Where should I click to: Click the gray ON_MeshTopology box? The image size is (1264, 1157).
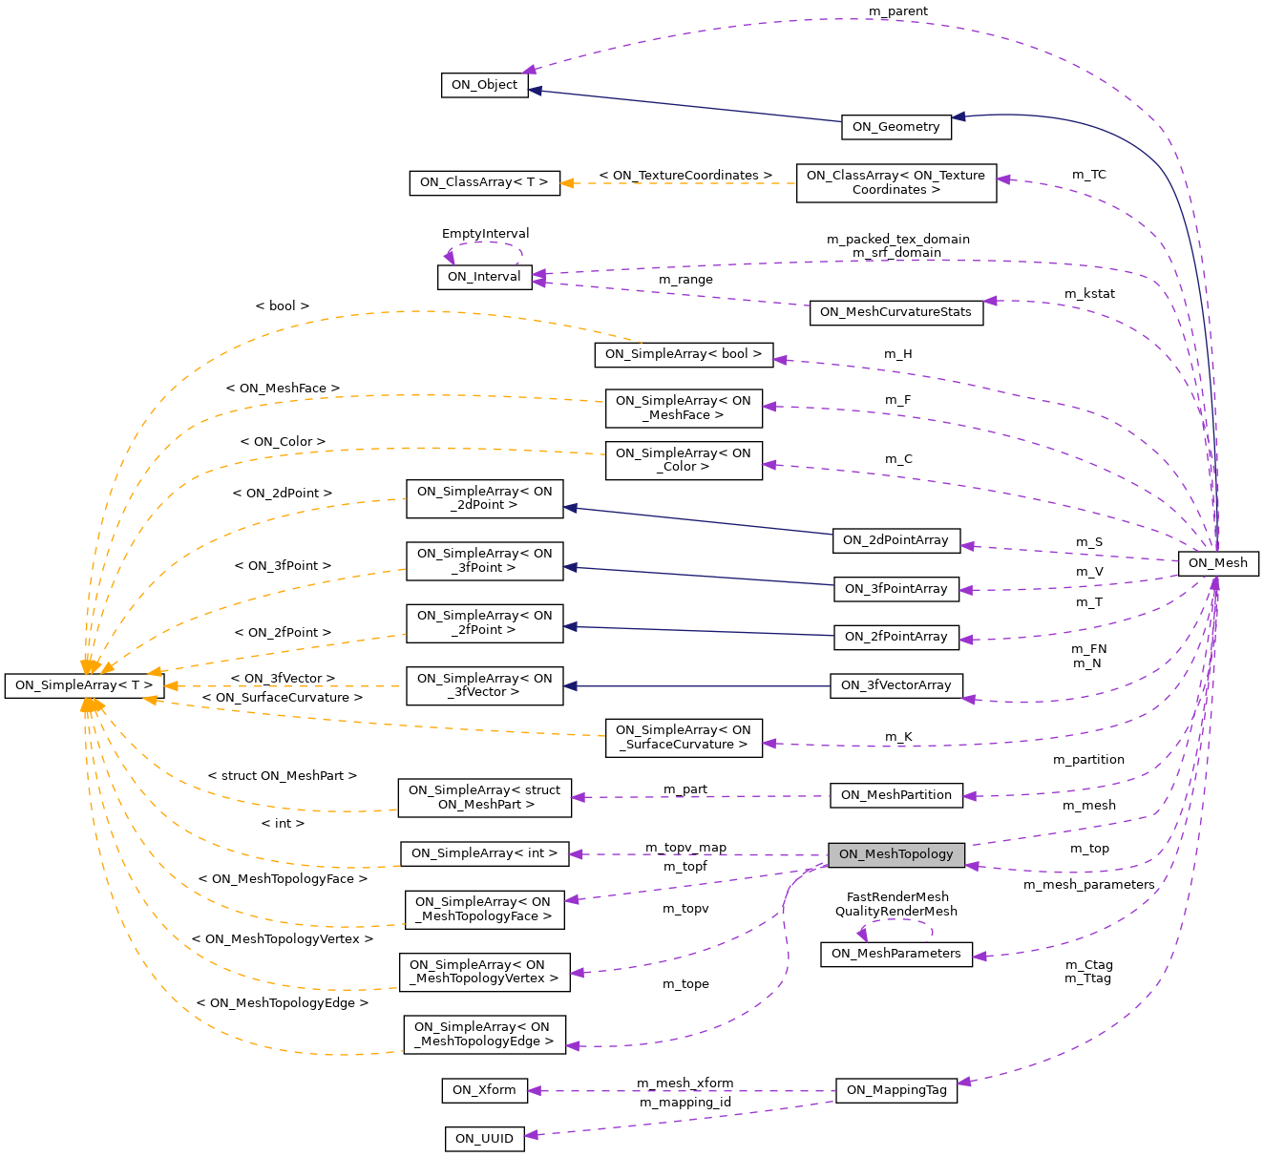coord(895,854)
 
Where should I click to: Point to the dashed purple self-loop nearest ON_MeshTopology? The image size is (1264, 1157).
coord(895,920)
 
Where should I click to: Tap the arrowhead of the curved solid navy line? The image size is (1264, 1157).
coord(959,116)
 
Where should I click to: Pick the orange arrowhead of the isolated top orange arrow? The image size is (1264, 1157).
coord(566,183)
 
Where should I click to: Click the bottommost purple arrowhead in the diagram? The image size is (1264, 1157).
coord(531,1135)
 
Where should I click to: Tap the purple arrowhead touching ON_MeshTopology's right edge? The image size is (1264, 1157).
coord(972,866)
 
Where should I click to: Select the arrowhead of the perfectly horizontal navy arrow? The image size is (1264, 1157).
coord(569,686)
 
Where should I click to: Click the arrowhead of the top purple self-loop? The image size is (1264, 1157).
coord(449,257)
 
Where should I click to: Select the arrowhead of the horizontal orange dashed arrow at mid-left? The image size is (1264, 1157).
coord(171,686)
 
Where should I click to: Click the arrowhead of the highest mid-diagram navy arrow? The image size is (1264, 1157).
coord(570,508)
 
